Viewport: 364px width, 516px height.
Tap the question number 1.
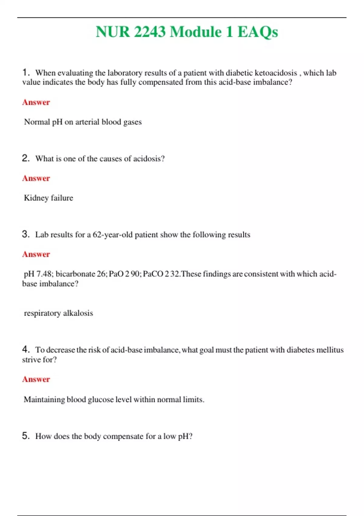click(x=25, y=73)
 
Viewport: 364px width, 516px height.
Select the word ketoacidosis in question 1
click(x=276, y=73)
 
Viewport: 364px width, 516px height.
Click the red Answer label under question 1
click(x=36, y=102)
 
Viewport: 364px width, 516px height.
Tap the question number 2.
click(x=25, y=158)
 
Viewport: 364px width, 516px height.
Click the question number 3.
click(x=25, y=234)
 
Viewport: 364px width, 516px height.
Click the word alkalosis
click(x=78, y=313)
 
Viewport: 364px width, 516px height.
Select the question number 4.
click(x=25, y=349)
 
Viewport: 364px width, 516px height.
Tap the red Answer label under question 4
click(x=36, y=379)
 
